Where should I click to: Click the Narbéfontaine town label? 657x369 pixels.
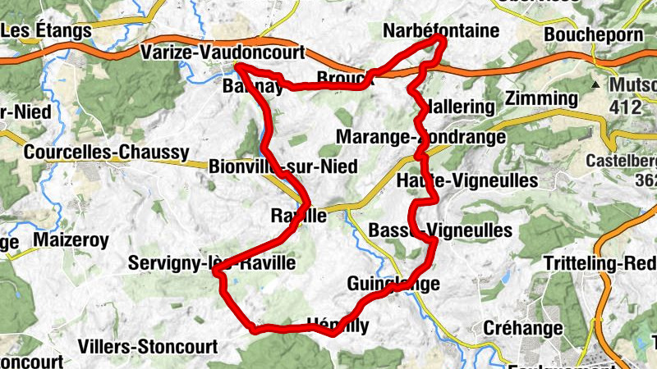[x=441, y=31]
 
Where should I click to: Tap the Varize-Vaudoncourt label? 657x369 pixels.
[x=223, y=52]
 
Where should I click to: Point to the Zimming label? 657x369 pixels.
[x=542, y=99]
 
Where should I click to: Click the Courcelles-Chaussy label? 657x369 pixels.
[x=107, y=152]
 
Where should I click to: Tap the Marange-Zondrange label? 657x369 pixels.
[x=421, y=136]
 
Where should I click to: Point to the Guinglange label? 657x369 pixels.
[x=393, y=284]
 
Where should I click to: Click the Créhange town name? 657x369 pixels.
[x=523, y=328]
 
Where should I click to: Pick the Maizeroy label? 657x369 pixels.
[x=71, y=239]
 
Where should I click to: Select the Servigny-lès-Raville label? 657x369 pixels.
[x=211, y=263]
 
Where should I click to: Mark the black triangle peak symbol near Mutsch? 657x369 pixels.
[x=595, y=84]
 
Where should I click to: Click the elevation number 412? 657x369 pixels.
[x=625, y=107]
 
